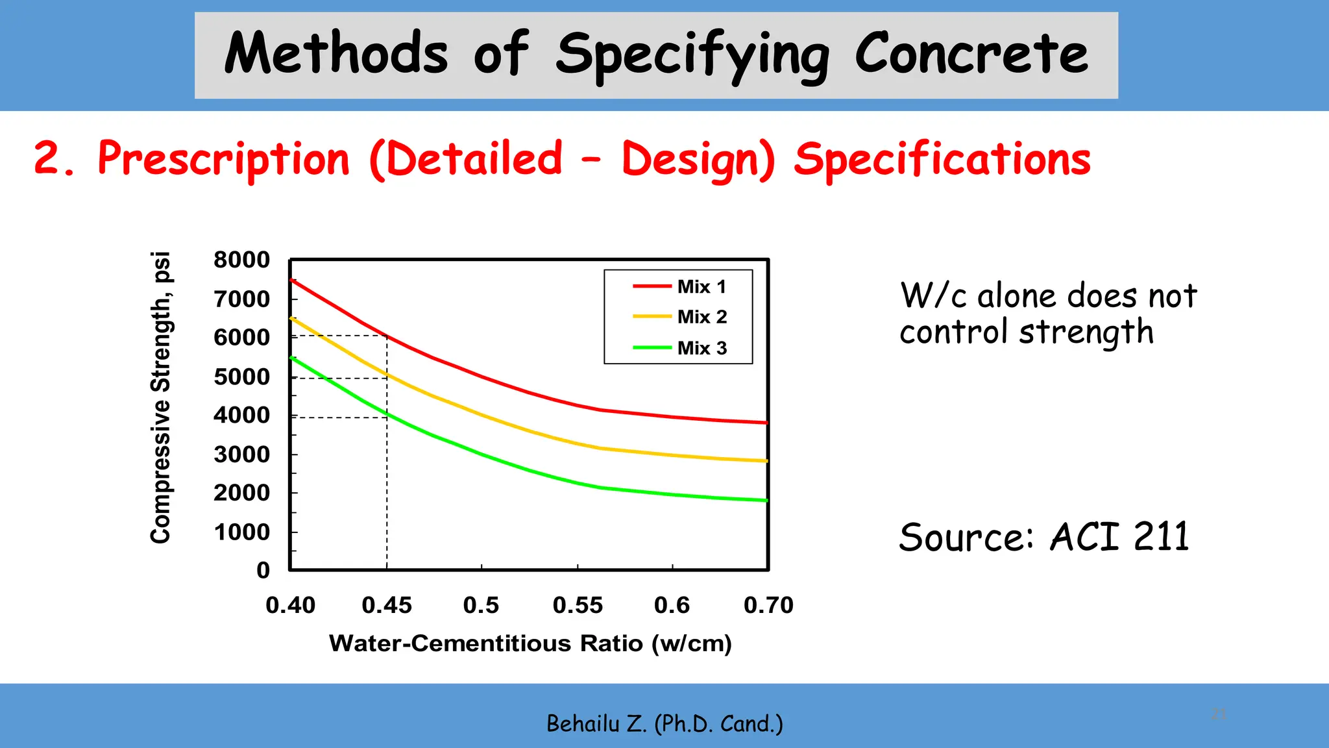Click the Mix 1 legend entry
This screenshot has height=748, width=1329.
click(701, 286)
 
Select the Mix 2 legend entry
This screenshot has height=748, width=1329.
click(701, 317)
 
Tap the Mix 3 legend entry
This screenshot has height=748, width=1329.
click(701, 348)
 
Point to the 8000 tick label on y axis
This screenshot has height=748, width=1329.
click(241, 260)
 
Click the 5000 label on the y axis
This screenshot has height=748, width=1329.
click(241, 377)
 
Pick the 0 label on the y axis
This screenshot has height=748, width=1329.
click(263, 570)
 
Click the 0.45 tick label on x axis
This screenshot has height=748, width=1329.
click(387, 605)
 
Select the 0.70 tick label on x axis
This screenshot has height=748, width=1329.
click(768, 605)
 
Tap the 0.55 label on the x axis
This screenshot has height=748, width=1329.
click(578, 605)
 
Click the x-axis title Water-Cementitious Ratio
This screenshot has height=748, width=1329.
click(530, 643)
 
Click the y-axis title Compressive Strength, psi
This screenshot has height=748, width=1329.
click(160, 397)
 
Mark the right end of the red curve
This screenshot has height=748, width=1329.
click(766, 423)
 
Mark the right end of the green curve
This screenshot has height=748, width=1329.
click(766, 500)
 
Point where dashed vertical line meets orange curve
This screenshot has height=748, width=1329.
click(387, 375)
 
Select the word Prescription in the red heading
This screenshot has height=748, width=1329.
click(223, 160)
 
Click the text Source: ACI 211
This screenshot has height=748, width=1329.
click(1043, 538)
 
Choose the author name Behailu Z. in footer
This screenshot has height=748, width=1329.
click(596, 723)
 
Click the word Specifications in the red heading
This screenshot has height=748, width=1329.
click(942, 160)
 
